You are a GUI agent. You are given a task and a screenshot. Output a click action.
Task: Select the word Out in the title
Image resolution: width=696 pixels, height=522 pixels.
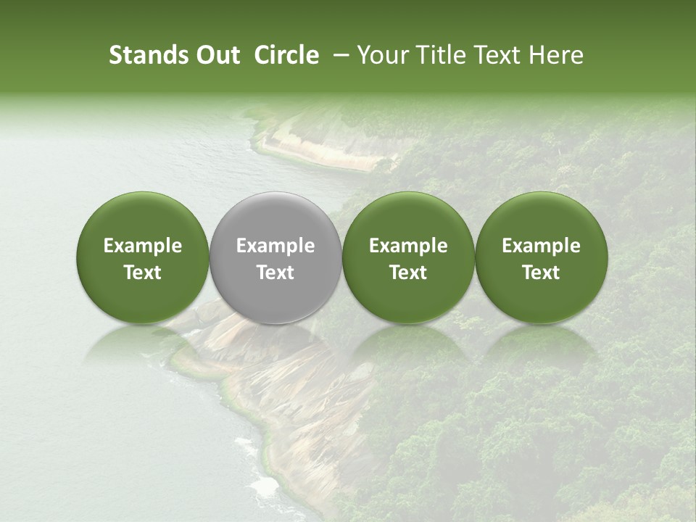click(215, 55)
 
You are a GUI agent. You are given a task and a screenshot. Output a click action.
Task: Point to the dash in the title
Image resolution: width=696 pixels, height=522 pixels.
click(338, 55)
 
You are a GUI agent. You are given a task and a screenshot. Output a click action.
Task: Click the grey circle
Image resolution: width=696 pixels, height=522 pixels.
click(275, 217)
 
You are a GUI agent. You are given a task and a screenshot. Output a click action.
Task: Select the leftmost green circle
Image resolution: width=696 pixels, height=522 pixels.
click(143, 217)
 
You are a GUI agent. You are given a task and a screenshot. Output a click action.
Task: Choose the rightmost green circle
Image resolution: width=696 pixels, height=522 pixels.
click(542, 217)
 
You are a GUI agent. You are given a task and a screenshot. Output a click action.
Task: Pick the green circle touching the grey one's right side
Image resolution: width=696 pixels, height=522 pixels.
click(408, 217)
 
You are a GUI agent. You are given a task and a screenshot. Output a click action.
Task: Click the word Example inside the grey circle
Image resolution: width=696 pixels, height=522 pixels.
click(275, 246)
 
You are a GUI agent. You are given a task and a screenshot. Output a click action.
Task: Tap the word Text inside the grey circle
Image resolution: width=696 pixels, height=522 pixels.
click(275, 273)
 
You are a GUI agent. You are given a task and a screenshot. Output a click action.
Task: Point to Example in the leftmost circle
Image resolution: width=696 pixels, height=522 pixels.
click(143, 246)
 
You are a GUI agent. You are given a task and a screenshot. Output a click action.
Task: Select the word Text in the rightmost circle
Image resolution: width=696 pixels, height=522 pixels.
click(542, 273)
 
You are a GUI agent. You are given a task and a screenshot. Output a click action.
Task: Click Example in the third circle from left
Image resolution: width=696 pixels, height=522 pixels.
click(408, 246)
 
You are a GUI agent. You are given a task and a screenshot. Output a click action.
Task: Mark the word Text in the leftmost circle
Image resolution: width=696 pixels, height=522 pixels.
click(143, 273)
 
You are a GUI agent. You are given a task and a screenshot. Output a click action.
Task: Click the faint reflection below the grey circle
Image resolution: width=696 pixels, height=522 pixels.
click(275, 341)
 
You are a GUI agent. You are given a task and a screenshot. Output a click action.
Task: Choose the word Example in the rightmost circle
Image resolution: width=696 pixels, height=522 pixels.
click(542, 246)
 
